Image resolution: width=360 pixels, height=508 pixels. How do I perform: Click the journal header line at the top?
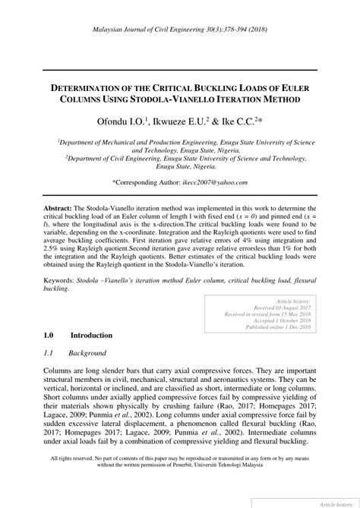(x=180, y=27)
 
